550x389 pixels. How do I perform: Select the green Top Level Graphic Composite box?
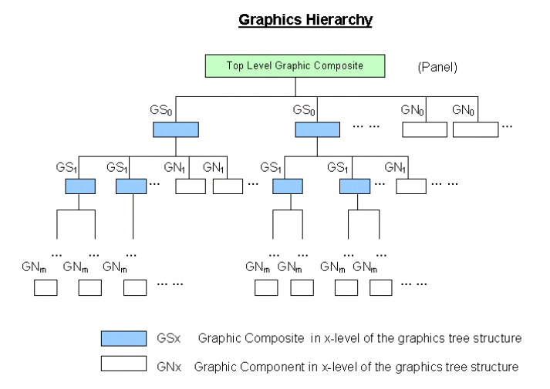coord(295,65)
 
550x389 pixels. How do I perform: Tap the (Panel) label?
coord(437,67)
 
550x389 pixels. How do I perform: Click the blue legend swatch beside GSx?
coord(123,338)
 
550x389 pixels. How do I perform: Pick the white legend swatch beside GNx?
coord(123,364)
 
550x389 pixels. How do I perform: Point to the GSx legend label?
coord(169,338)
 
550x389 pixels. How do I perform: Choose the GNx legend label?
coord(169,367)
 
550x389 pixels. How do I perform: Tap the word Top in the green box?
coord(235,65)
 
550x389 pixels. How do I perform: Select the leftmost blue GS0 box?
coord(176,129)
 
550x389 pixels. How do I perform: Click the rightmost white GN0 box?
coord(475,129)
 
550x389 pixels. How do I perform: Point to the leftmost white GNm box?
coord(46,288)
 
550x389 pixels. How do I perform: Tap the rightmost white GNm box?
coord(380,288)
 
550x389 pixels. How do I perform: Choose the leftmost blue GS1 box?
coord(79,186)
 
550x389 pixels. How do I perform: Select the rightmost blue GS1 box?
coord(355,186)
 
